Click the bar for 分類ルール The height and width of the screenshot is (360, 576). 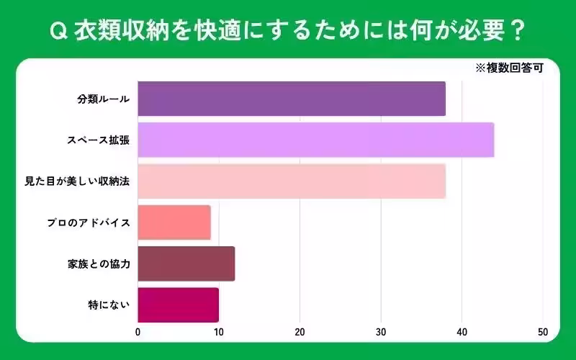291,99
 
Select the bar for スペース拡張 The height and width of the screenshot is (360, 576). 315,140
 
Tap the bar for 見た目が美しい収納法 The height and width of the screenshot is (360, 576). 291,181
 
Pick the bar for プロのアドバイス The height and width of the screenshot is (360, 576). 174,222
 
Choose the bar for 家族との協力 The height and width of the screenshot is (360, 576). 186,264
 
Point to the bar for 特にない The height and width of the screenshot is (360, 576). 178,305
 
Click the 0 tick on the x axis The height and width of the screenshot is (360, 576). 138,333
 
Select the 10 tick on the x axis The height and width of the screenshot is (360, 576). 218,333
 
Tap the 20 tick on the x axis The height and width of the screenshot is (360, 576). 300,333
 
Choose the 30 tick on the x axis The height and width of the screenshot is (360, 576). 381,333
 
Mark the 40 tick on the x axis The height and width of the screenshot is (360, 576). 462,333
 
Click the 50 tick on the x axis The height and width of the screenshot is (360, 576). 543,333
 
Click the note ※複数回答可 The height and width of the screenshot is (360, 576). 508,70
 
